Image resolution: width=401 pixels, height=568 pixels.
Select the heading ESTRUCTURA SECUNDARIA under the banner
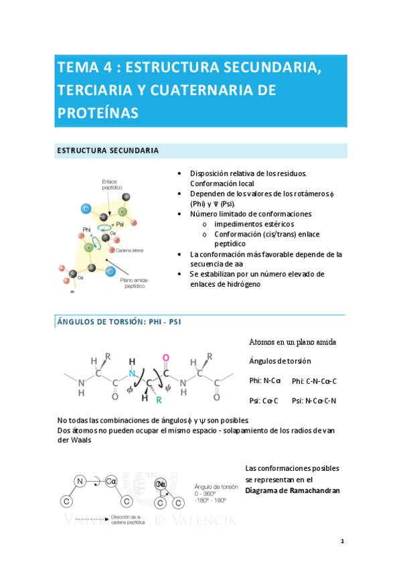pos(107,151)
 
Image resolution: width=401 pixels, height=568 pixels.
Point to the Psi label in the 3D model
pos(121,224)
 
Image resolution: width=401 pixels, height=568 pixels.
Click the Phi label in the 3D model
pos(86,230)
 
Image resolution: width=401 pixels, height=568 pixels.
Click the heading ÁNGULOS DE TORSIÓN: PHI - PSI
pos(118,322)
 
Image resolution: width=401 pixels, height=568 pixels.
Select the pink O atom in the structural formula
pos(166,357)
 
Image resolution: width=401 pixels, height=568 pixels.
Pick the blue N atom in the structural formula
pos(132,374)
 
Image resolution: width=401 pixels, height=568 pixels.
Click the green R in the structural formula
pos(159,400)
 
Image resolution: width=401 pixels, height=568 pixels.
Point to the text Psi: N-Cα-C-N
pos(314,401)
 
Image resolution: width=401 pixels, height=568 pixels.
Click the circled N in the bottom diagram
pos(80,480)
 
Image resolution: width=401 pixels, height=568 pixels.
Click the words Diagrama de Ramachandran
pos(293,490)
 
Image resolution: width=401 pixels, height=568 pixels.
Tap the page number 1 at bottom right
pos(341,541)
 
